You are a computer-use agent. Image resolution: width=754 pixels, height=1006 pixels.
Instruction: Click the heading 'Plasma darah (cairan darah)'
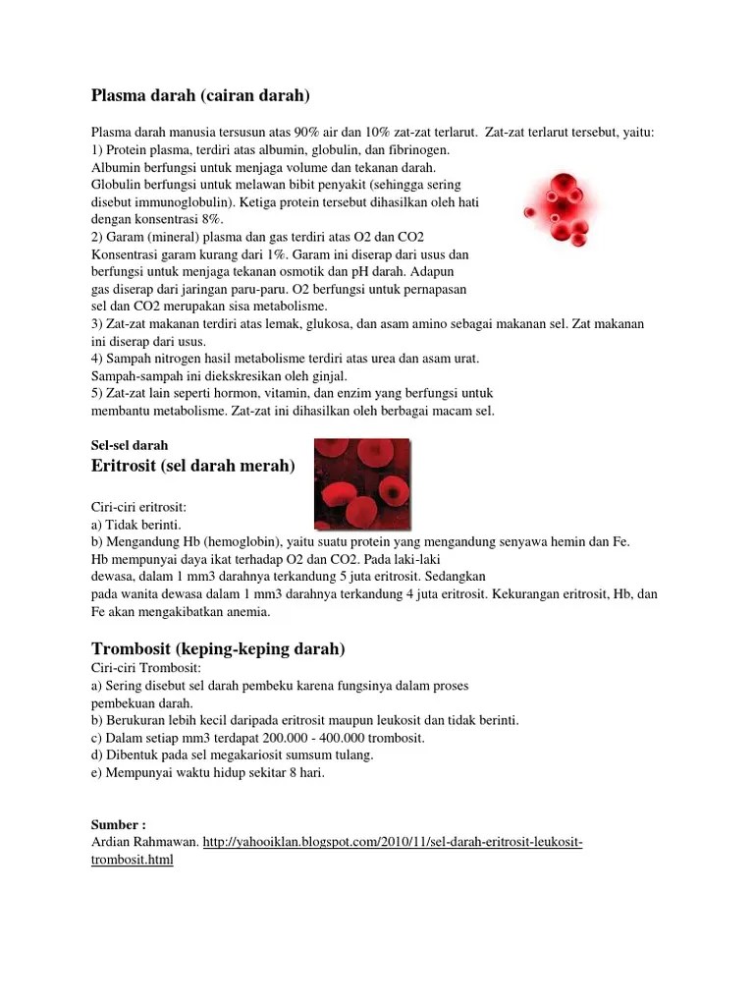[x=200, y=95]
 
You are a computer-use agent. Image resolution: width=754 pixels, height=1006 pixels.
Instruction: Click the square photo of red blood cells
[x=361, y=483]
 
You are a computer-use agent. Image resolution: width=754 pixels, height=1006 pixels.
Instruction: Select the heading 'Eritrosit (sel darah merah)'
[x=192, y=466]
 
